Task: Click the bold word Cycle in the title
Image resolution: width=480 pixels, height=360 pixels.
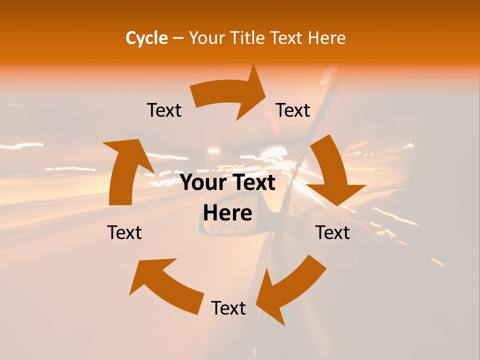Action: coord(146,38)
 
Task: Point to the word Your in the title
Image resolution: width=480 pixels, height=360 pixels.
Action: coord(206,38)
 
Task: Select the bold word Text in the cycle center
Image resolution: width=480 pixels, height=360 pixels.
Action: coord(253,183)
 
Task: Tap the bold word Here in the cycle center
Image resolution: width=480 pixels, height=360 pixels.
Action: coord(227,213)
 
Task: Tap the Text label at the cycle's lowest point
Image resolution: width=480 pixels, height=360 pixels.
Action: coord(228,308)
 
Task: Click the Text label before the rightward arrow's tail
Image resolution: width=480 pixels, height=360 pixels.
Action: coord(164,110)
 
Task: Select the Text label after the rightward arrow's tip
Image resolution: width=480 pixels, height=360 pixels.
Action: coord(293,110)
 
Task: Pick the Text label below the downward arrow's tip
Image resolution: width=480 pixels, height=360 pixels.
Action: coord(332,232)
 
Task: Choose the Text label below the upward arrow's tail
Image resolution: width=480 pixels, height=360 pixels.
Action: coord(124,232)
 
